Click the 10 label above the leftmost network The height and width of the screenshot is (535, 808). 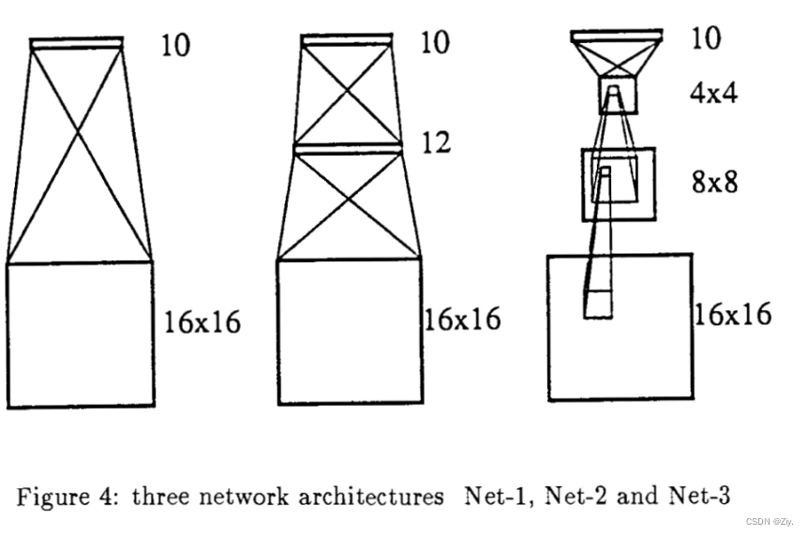(174, 45)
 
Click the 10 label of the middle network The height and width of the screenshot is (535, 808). (434, 42)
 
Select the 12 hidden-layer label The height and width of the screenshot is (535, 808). (435, 142)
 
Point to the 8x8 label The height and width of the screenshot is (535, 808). (714, 181)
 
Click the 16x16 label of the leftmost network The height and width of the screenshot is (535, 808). (202, 322)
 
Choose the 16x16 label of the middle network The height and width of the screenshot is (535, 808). (462, 320)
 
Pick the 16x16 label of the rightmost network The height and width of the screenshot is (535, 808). (732, 313)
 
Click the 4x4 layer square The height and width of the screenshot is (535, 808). (618, 96)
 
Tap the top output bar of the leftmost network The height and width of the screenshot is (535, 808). (77, 43)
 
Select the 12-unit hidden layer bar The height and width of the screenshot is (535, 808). (348, 148)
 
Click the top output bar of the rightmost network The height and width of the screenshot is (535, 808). (616, 36)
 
